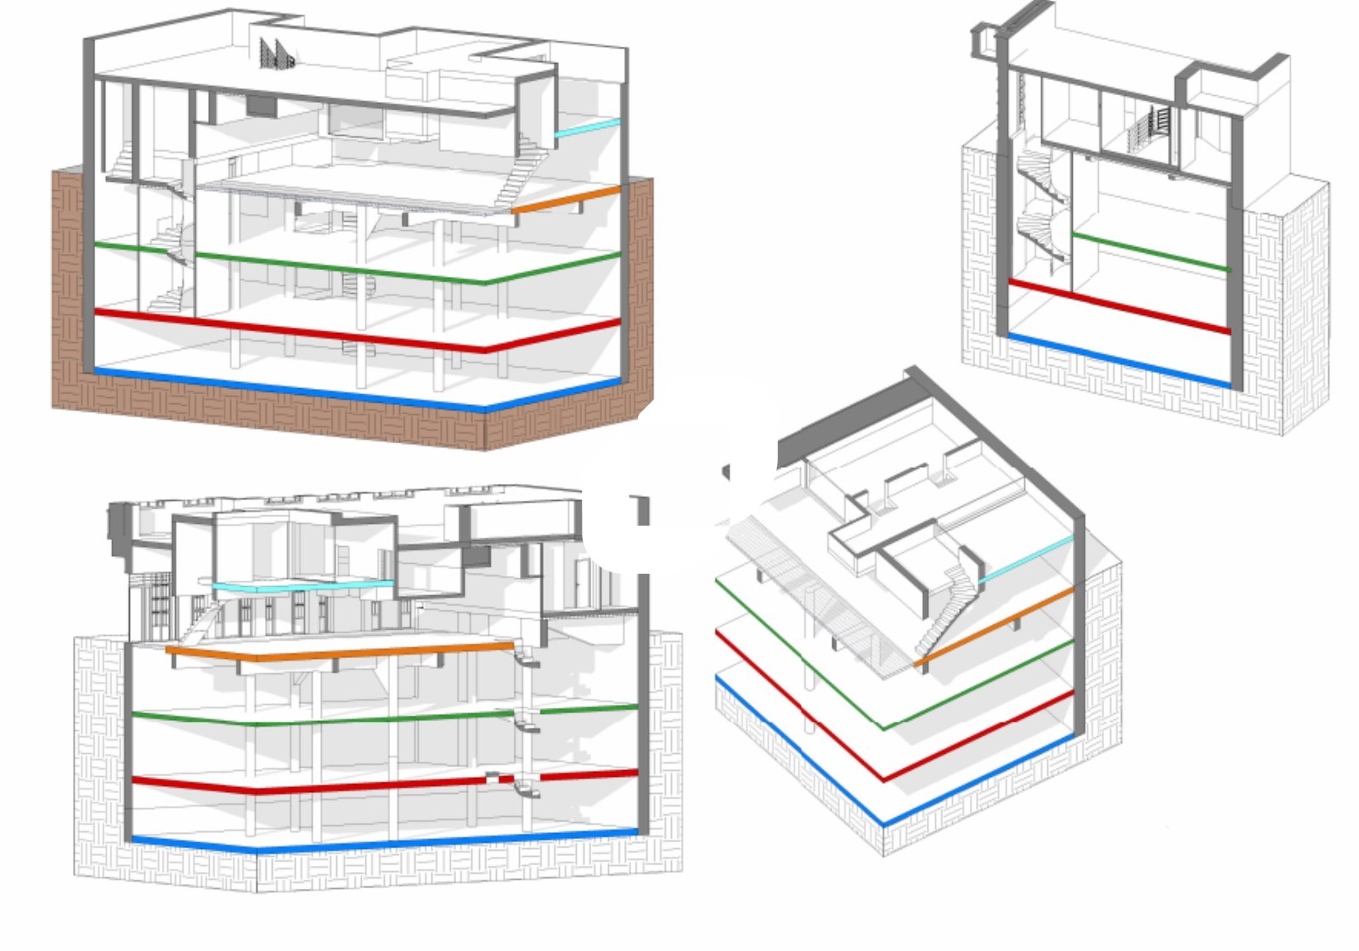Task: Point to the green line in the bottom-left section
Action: [x=382, y=718]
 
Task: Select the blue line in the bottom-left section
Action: [x=382, y=842]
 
